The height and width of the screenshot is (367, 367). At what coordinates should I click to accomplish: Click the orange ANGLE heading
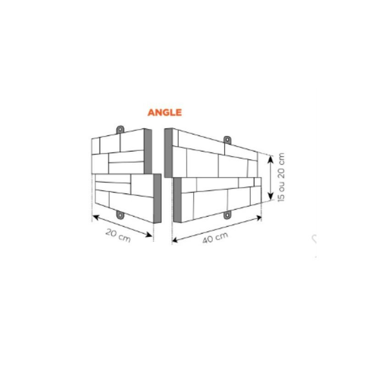tap(165, 112)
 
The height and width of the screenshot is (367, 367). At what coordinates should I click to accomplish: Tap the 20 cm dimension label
tap(118, 235)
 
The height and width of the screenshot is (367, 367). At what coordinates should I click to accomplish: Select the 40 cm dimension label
tap(215, 238)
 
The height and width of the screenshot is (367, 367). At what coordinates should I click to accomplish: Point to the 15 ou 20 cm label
tap(281, 177)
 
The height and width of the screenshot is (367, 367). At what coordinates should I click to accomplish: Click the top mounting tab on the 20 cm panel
tap(120, 129)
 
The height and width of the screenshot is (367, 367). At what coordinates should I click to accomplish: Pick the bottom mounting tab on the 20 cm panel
tap(120, 215)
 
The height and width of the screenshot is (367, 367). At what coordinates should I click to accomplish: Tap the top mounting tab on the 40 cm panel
tap(227, 140)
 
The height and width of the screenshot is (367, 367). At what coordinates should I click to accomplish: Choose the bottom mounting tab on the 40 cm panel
tap(227, 215)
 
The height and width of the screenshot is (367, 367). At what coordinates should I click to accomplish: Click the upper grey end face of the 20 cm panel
tap(148, 151)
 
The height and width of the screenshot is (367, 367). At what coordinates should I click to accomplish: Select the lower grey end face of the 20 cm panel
tap(157, 199)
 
